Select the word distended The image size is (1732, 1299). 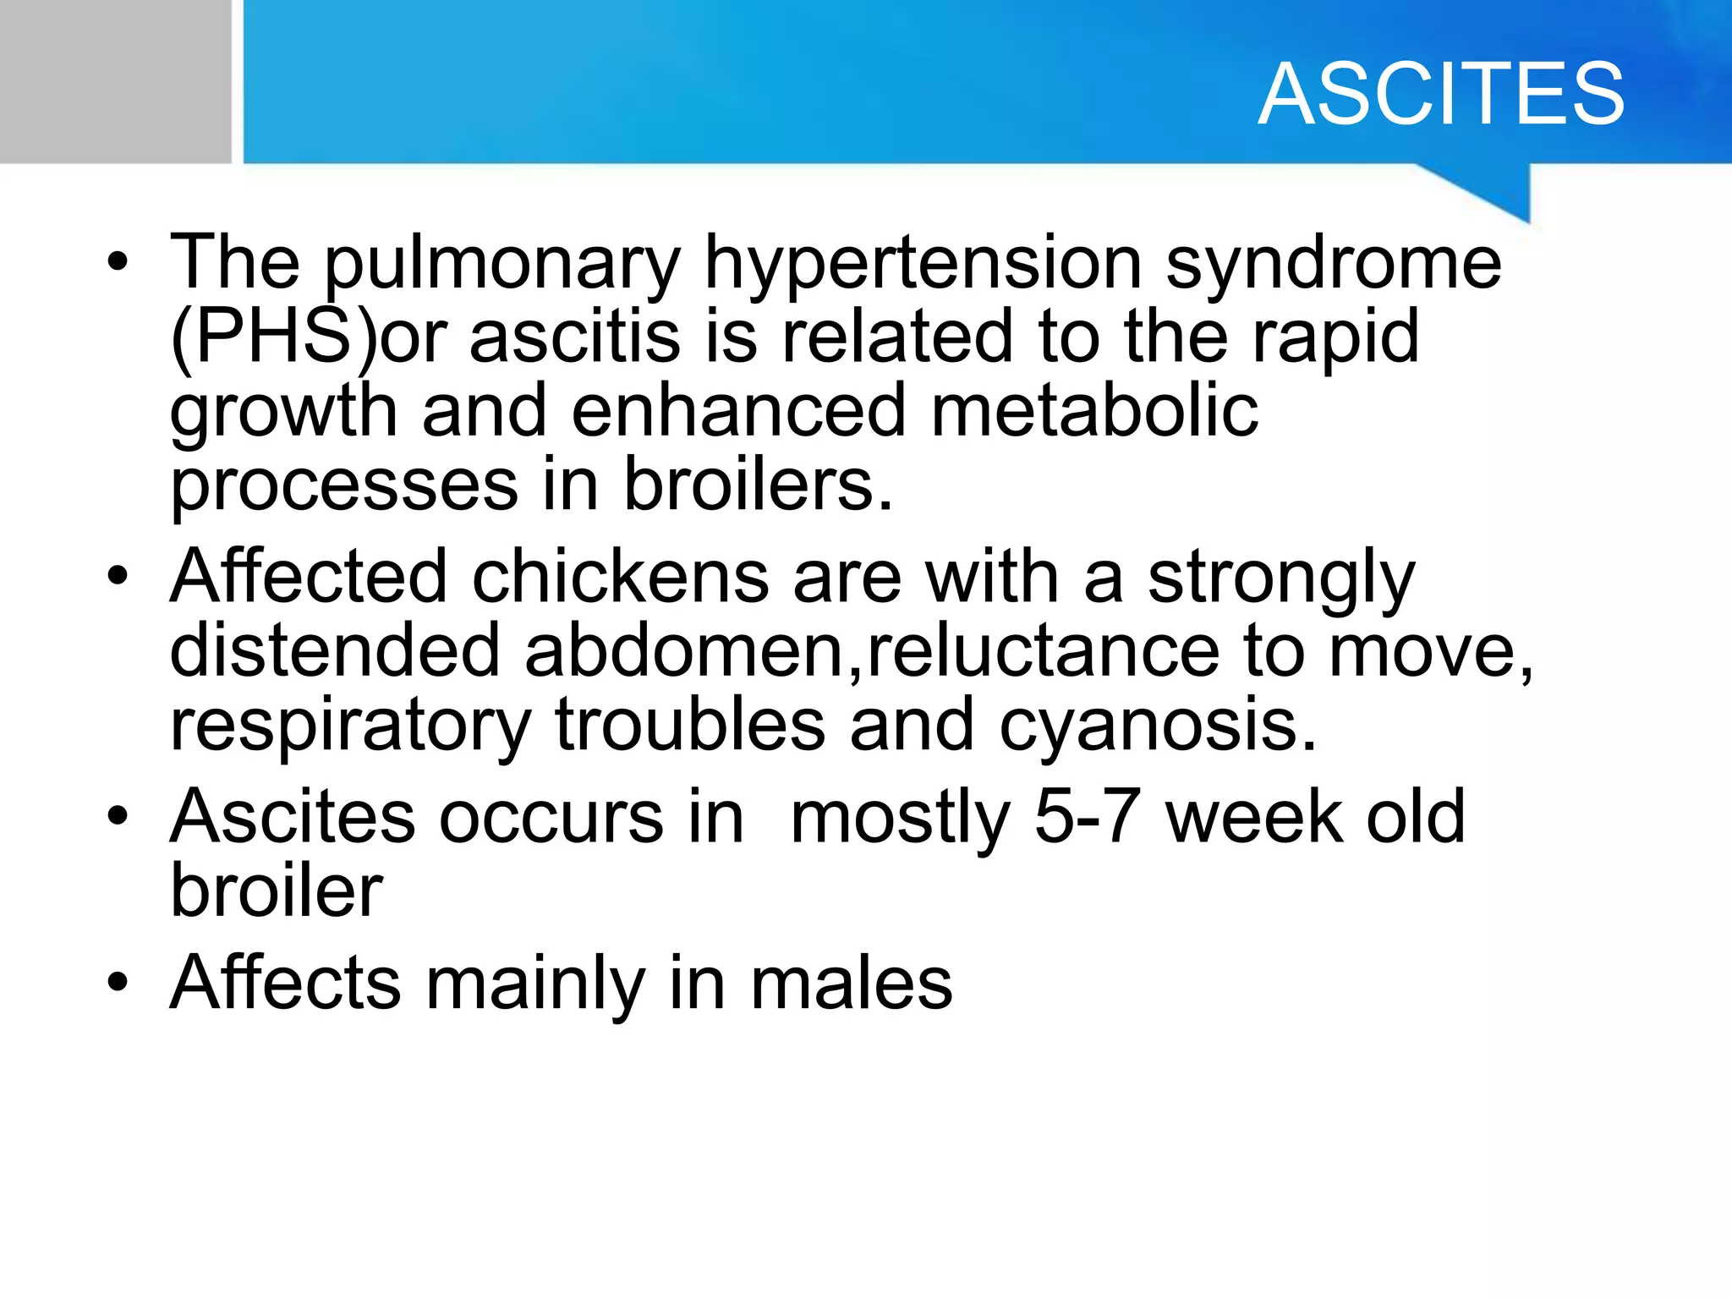(x=335, y=650)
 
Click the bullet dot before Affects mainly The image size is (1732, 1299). (x=118, y=983)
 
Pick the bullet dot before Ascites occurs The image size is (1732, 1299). (x=118, y=817)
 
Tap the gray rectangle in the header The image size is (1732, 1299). (x=115, y=81)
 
